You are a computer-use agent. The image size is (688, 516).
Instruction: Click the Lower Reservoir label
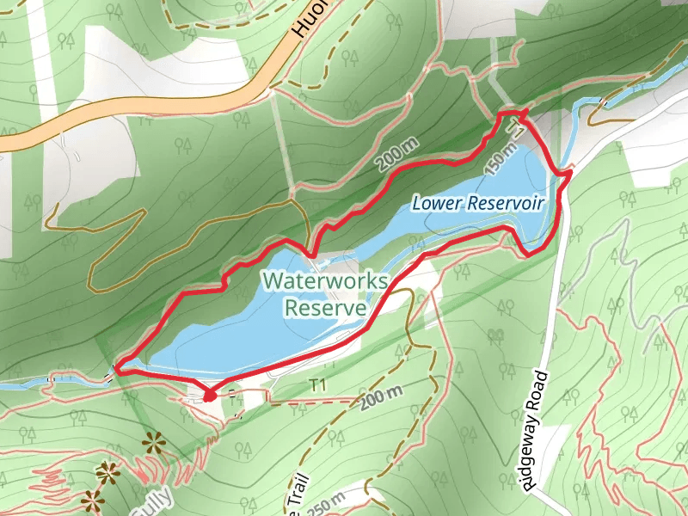[478, 203]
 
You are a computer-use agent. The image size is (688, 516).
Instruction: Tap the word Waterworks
[326, 280]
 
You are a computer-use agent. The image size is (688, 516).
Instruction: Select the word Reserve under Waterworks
[326, 306]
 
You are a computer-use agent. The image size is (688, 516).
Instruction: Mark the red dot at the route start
[208, 396]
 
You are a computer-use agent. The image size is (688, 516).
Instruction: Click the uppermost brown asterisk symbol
[155, 443]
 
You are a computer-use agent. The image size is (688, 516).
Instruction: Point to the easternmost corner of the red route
[571, 175]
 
